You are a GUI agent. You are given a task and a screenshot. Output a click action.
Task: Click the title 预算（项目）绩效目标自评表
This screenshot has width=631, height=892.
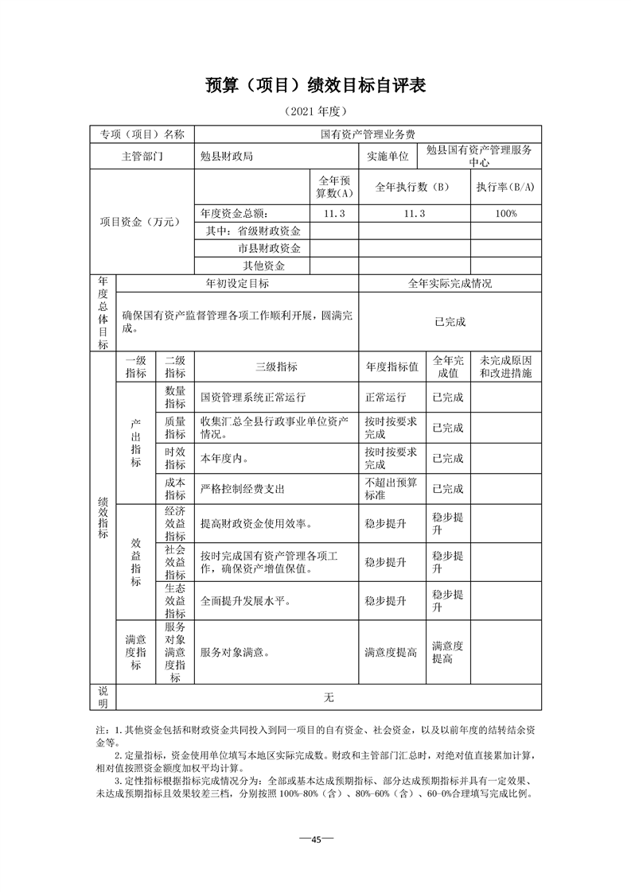click(x=316, y=86)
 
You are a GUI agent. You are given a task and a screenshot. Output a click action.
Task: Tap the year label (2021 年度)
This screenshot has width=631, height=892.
click(x=315, y=111)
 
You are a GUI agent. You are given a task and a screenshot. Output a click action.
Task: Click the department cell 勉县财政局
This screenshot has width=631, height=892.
click(x=227, y=157)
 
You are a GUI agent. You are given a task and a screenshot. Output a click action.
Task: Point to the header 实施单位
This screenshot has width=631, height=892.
click(x=388, y=157)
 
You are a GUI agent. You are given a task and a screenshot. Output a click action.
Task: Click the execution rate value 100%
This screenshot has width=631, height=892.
click(x=505, y=214)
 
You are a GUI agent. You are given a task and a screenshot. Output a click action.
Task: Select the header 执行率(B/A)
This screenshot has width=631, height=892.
click(x=505, y=188)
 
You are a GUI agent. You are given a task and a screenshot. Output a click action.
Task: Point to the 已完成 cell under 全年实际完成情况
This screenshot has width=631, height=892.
click(x=450, y=322)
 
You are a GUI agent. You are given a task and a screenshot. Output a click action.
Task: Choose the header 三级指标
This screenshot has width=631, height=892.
click(x=276, y=366)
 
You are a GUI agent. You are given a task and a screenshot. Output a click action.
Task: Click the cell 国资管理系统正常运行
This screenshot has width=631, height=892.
click(x=253, y=397)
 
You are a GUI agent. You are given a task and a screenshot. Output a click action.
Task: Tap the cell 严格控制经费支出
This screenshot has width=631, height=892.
click(x=242, y=488)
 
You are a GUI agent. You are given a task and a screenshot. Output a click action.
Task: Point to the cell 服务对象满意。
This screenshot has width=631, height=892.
click(x=235, y=653)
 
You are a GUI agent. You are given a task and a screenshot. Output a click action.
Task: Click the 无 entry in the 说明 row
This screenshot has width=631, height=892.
click(x=329, y=698)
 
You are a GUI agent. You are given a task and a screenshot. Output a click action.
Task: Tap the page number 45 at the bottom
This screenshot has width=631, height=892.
click(x=315, y=840)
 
